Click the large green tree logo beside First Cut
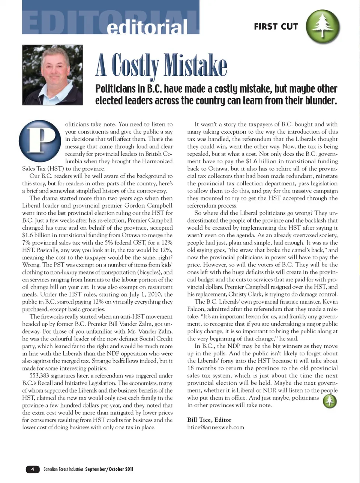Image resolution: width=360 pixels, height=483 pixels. (322, 26)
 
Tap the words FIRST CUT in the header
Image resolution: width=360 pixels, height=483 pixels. (276, 27)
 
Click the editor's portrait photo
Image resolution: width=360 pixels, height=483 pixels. (52, 75)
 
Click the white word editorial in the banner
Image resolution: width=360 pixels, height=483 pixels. (147, 27)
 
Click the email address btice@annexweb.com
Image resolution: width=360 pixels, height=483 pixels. (216, 427)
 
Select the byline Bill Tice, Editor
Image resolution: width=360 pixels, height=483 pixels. (209, 420)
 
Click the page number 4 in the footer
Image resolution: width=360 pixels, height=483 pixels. (33, 469)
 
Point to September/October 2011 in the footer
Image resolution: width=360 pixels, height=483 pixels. (109, 469)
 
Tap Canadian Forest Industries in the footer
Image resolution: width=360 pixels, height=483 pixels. (63, 469)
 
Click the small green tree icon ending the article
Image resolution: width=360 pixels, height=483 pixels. (330, 401)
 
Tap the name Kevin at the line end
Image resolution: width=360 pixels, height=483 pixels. (330, 302)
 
